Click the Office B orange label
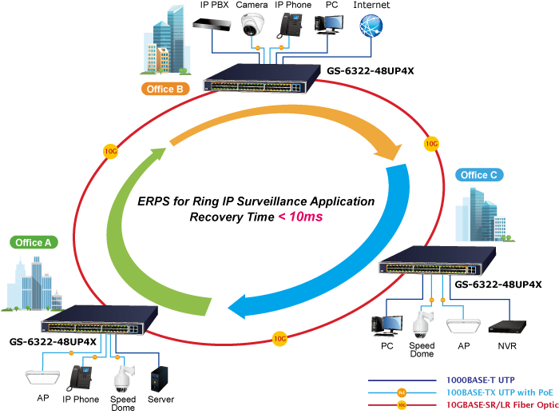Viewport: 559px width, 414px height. [x=165, y=89]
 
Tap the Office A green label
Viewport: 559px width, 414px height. [x=34, y=242]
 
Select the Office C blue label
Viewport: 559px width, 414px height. [x=479, y=175]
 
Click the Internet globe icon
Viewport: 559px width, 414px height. [x=372, y=26]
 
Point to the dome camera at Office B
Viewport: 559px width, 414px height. [x=253, y=26]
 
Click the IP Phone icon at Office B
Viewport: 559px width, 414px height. [x=290, y=26]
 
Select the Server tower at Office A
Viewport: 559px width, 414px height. [x=161, y=376]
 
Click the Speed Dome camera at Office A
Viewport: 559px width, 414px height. [x=123, y=376]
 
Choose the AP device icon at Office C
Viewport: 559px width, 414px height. [x=464, y=326]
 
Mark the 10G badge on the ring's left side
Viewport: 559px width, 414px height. [x=110, y=149]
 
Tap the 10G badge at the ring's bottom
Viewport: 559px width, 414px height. [x=279, y=337]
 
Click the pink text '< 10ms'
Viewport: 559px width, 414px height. [x=300, y=217]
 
